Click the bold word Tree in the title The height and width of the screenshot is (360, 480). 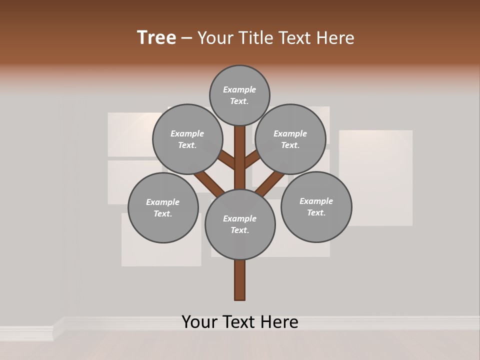tap(156, 38)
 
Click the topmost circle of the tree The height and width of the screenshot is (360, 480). tap(239, 95)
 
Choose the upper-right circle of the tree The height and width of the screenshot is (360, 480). tap(290, 139)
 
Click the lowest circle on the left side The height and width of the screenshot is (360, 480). tap(163, 207)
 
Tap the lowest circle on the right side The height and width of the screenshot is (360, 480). tap(316, 206)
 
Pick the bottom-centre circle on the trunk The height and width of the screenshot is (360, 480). tap(240, 224)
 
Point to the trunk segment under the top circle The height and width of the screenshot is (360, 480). tap(240, 150)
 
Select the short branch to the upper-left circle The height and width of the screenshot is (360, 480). tap(226, 159)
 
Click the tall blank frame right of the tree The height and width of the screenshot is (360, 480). tap(376, 177)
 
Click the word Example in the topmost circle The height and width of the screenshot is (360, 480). tap(239, 89)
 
